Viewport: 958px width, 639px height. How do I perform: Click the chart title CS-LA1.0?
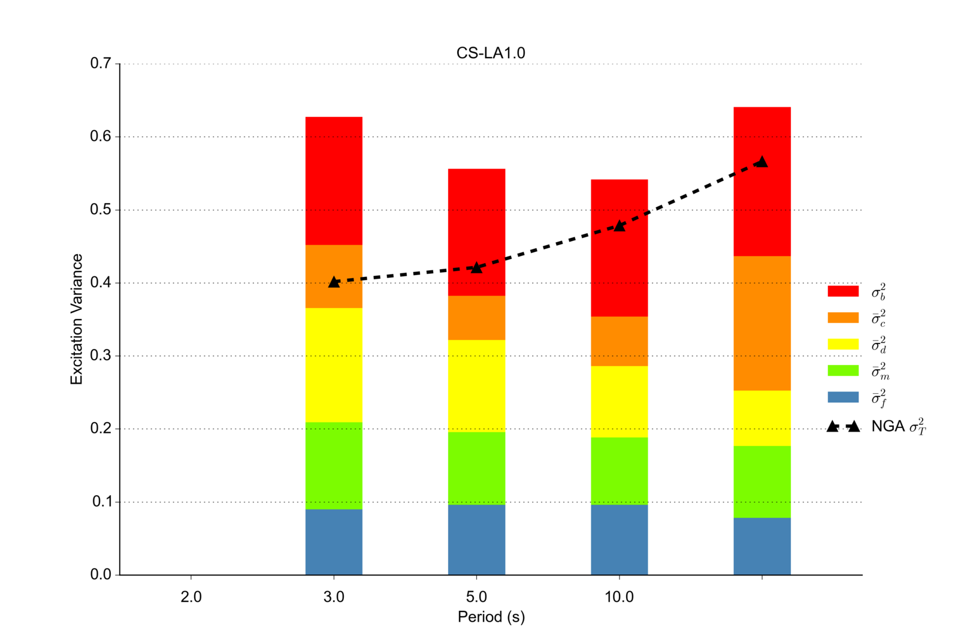(x=490, y=53)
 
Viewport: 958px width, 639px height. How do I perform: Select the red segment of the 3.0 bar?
(x=334, y=180)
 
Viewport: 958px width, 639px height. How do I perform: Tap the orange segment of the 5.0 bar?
(x=476, y=318)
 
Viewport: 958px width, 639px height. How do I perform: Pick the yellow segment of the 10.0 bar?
(x=619, y=402)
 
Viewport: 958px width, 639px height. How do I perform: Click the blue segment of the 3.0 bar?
(x=334, y=542)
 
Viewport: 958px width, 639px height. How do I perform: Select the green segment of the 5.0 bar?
(x=476, y=468)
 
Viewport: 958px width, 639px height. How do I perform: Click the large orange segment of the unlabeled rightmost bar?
(x=761, y=323)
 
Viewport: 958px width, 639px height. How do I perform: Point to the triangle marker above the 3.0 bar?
(x=334, y=282)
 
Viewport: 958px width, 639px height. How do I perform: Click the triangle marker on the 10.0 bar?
(x=619, y=225)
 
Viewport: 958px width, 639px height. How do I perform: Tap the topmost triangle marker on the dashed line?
(x=761, y=162)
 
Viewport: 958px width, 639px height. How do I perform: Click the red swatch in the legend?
(x=842, y=291)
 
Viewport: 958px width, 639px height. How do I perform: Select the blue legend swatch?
(x=842, y=397)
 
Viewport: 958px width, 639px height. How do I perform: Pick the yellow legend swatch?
(x=842, y=344)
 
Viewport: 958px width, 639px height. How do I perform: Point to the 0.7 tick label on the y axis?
(x=101, y=64)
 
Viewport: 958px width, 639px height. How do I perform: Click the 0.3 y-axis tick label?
(x=101, y=355)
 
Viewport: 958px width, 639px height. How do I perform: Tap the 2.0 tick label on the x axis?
(x=191, y=597)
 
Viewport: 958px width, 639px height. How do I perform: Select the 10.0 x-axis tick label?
(x=619, y=597)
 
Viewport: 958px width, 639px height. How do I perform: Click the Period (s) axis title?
(x=491, y=617)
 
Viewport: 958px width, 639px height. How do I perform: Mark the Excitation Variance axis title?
(x=77, y=319)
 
